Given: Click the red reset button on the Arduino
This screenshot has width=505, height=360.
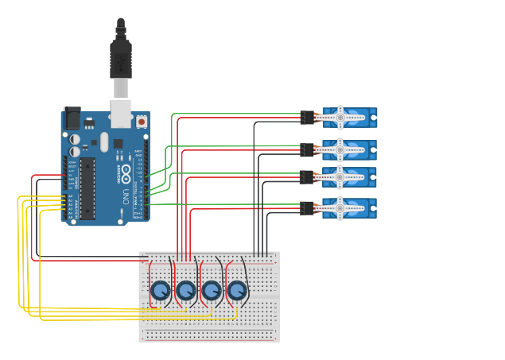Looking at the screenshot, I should point(142,122).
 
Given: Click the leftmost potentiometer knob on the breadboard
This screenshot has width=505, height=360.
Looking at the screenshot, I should point(161,292).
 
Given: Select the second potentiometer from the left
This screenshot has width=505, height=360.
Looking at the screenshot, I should point(186,292).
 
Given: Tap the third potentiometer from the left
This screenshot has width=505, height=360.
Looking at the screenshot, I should point(212,292).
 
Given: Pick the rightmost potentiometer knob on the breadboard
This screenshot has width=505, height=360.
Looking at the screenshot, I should point(237,292).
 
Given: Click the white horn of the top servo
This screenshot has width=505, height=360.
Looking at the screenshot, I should point(340,118).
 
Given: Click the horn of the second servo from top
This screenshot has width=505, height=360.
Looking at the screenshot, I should point(340,149).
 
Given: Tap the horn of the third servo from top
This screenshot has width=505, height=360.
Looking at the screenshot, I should point(340,176).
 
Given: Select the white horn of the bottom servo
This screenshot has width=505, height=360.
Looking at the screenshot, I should point(340,208).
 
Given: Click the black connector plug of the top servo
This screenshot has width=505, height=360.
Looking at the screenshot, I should point(307,118).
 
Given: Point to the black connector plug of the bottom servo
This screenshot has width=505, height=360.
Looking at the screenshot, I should point(307,208).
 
